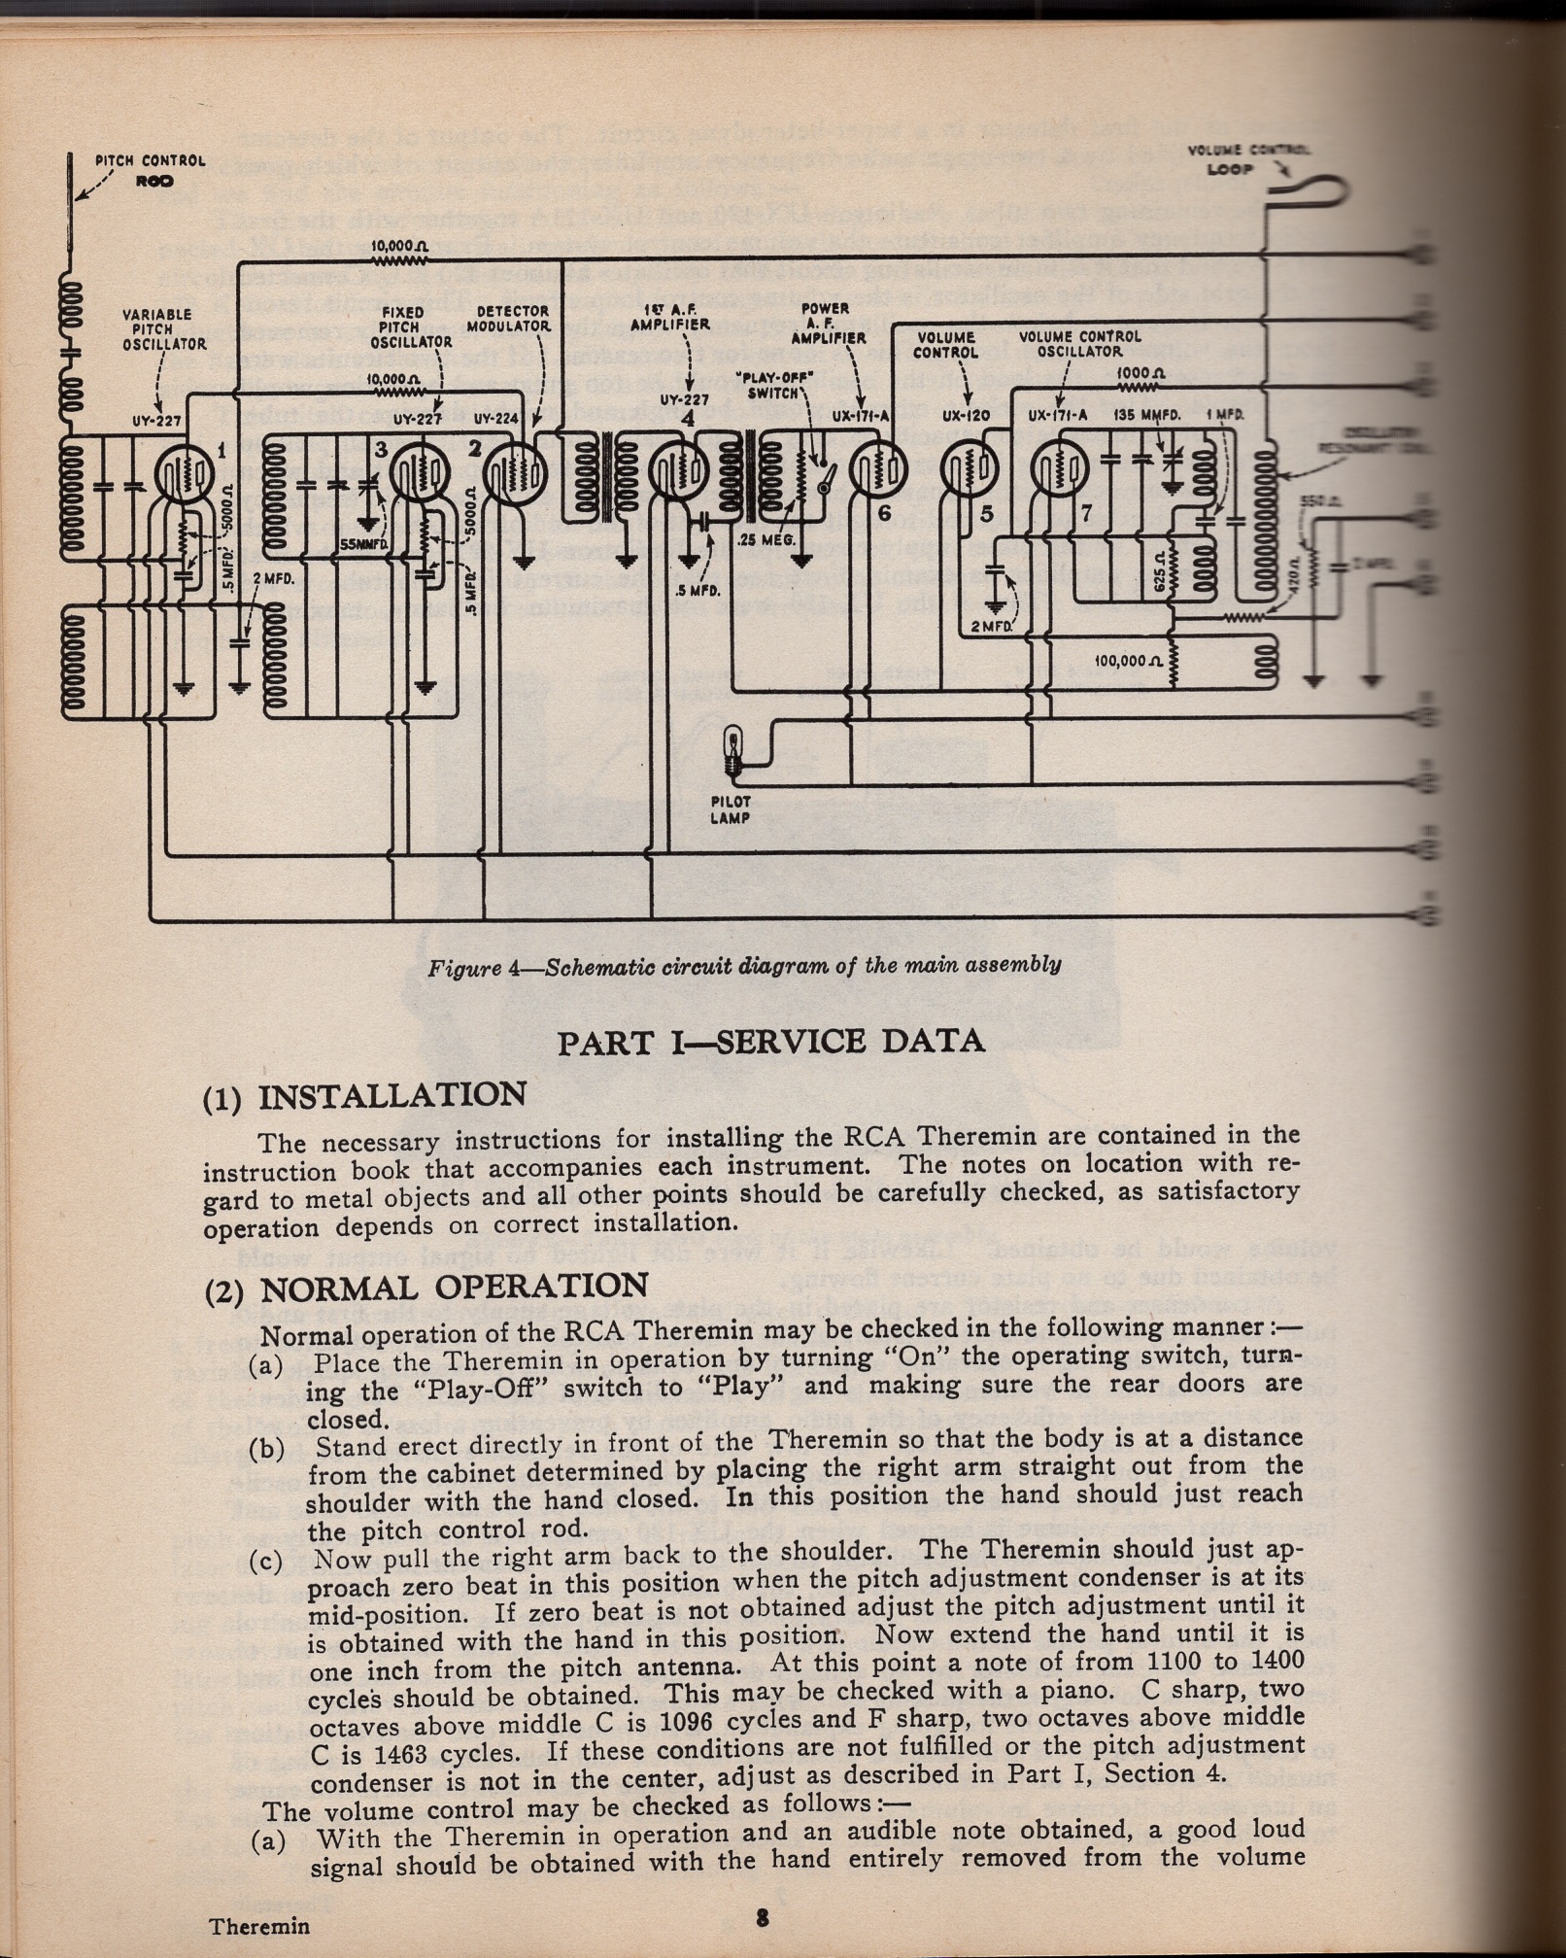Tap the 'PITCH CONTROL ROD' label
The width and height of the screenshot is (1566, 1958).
[x=152, y=169]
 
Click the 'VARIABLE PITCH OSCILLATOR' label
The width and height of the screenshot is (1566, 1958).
[x=158, y=328]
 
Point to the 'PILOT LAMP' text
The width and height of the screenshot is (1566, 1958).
[x=730, y=809]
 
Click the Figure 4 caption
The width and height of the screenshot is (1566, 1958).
[x=744, y=965]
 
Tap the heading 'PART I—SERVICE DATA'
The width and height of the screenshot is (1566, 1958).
[x=770, y=1041]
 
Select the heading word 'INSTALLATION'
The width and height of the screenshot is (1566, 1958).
[x=392, y=1094]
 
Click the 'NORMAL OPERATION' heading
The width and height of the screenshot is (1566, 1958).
[x=454, y=1286]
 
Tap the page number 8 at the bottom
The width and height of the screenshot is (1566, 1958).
[x=763, y=1917]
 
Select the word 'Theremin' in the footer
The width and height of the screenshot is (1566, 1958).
[x=258, y=1926]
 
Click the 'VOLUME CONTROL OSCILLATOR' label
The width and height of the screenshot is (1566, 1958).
[x=1079, y=344]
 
